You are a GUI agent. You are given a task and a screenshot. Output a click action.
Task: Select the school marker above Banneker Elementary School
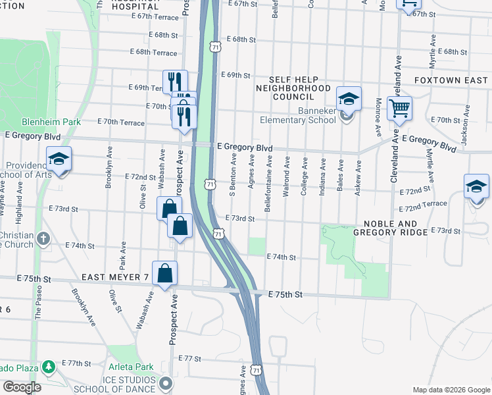pos(349,99)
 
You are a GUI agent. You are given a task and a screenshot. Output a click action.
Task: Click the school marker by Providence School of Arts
pos(59,159)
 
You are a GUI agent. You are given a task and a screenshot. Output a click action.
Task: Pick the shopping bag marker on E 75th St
pos(165,273)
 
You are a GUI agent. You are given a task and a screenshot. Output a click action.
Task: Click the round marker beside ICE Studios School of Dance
pos(166,382)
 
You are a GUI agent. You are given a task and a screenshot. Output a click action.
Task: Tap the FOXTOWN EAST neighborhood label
pos(451,80)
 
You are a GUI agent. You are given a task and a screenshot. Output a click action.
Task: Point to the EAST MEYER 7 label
pos(114,277)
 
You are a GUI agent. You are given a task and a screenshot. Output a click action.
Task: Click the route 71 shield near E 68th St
pos(215,47)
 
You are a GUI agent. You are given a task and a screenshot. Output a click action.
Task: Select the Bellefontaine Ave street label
pos(268,184)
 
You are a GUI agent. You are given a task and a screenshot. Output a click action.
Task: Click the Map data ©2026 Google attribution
pos(451,390)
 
